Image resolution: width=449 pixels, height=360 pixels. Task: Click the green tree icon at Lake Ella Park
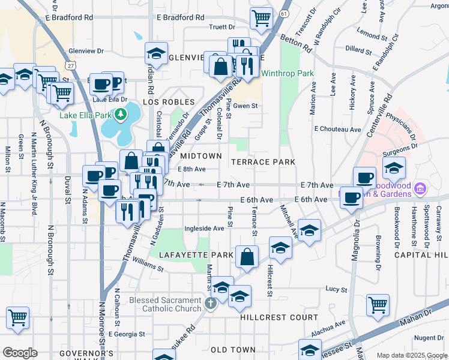tap(121, 113)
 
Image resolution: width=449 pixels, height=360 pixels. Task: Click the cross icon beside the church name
tap(210, 304)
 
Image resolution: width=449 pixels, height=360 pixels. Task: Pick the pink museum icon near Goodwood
tap(420, 190)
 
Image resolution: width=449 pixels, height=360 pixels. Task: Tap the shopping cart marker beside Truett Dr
tap(261, 19)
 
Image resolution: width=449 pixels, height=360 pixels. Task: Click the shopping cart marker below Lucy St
tap(378, 304)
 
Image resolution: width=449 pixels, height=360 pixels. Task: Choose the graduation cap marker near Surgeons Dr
tap(394, 168)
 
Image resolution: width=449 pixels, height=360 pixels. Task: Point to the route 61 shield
tap(284, 13)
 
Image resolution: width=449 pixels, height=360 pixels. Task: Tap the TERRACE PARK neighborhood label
tap(264, 162)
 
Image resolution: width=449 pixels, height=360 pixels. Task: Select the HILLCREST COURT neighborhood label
tap(279, 317)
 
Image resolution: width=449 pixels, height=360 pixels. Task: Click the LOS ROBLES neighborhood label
tap(169, 103)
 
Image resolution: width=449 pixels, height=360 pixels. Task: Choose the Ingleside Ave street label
tap(204, 228)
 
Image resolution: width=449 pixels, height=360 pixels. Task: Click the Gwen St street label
tap(245, 106)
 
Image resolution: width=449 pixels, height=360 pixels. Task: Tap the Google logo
tap(20, 353)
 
